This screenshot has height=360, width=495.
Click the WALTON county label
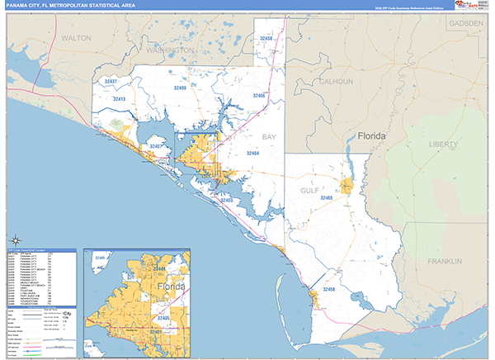76,38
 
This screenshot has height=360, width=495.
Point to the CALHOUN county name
337,82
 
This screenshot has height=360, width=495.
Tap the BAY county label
270,136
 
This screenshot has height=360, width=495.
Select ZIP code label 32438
266,38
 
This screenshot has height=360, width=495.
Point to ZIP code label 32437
109,82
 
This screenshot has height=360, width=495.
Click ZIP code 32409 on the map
179,87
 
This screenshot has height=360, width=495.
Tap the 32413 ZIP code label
120,98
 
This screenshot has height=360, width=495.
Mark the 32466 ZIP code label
259,96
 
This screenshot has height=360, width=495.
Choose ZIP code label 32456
329,290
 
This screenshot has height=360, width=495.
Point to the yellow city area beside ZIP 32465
348,187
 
